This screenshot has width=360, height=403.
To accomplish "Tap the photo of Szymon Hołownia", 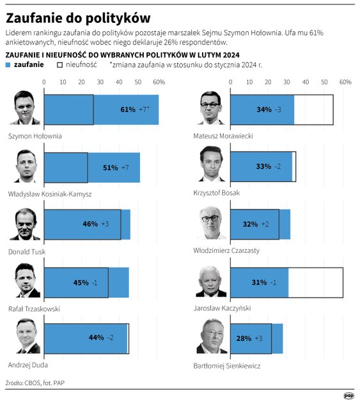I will pos(26,108).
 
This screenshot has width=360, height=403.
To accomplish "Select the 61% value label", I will pos(128,109).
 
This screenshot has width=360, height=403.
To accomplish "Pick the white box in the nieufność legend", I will pos(60,65).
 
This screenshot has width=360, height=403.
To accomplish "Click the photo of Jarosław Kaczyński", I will pos(212,282).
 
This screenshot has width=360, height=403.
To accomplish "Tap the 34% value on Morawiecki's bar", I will pos(264,109).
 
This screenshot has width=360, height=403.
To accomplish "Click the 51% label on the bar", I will pos(110,167).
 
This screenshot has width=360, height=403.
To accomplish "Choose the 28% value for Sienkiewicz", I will pos(244,338).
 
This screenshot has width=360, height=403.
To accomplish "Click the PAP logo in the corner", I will pos(349,395).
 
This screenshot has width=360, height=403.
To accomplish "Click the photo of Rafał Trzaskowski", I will pos(26,282).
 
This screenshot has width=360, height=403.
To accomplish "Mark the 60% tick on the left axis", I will pos(157,82).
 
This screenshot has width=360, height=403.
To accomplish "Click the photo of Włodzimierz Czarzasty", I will pos(212,224).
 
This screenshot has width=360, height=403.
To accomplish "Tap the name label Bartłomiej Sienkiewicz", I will pos(227,366).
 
